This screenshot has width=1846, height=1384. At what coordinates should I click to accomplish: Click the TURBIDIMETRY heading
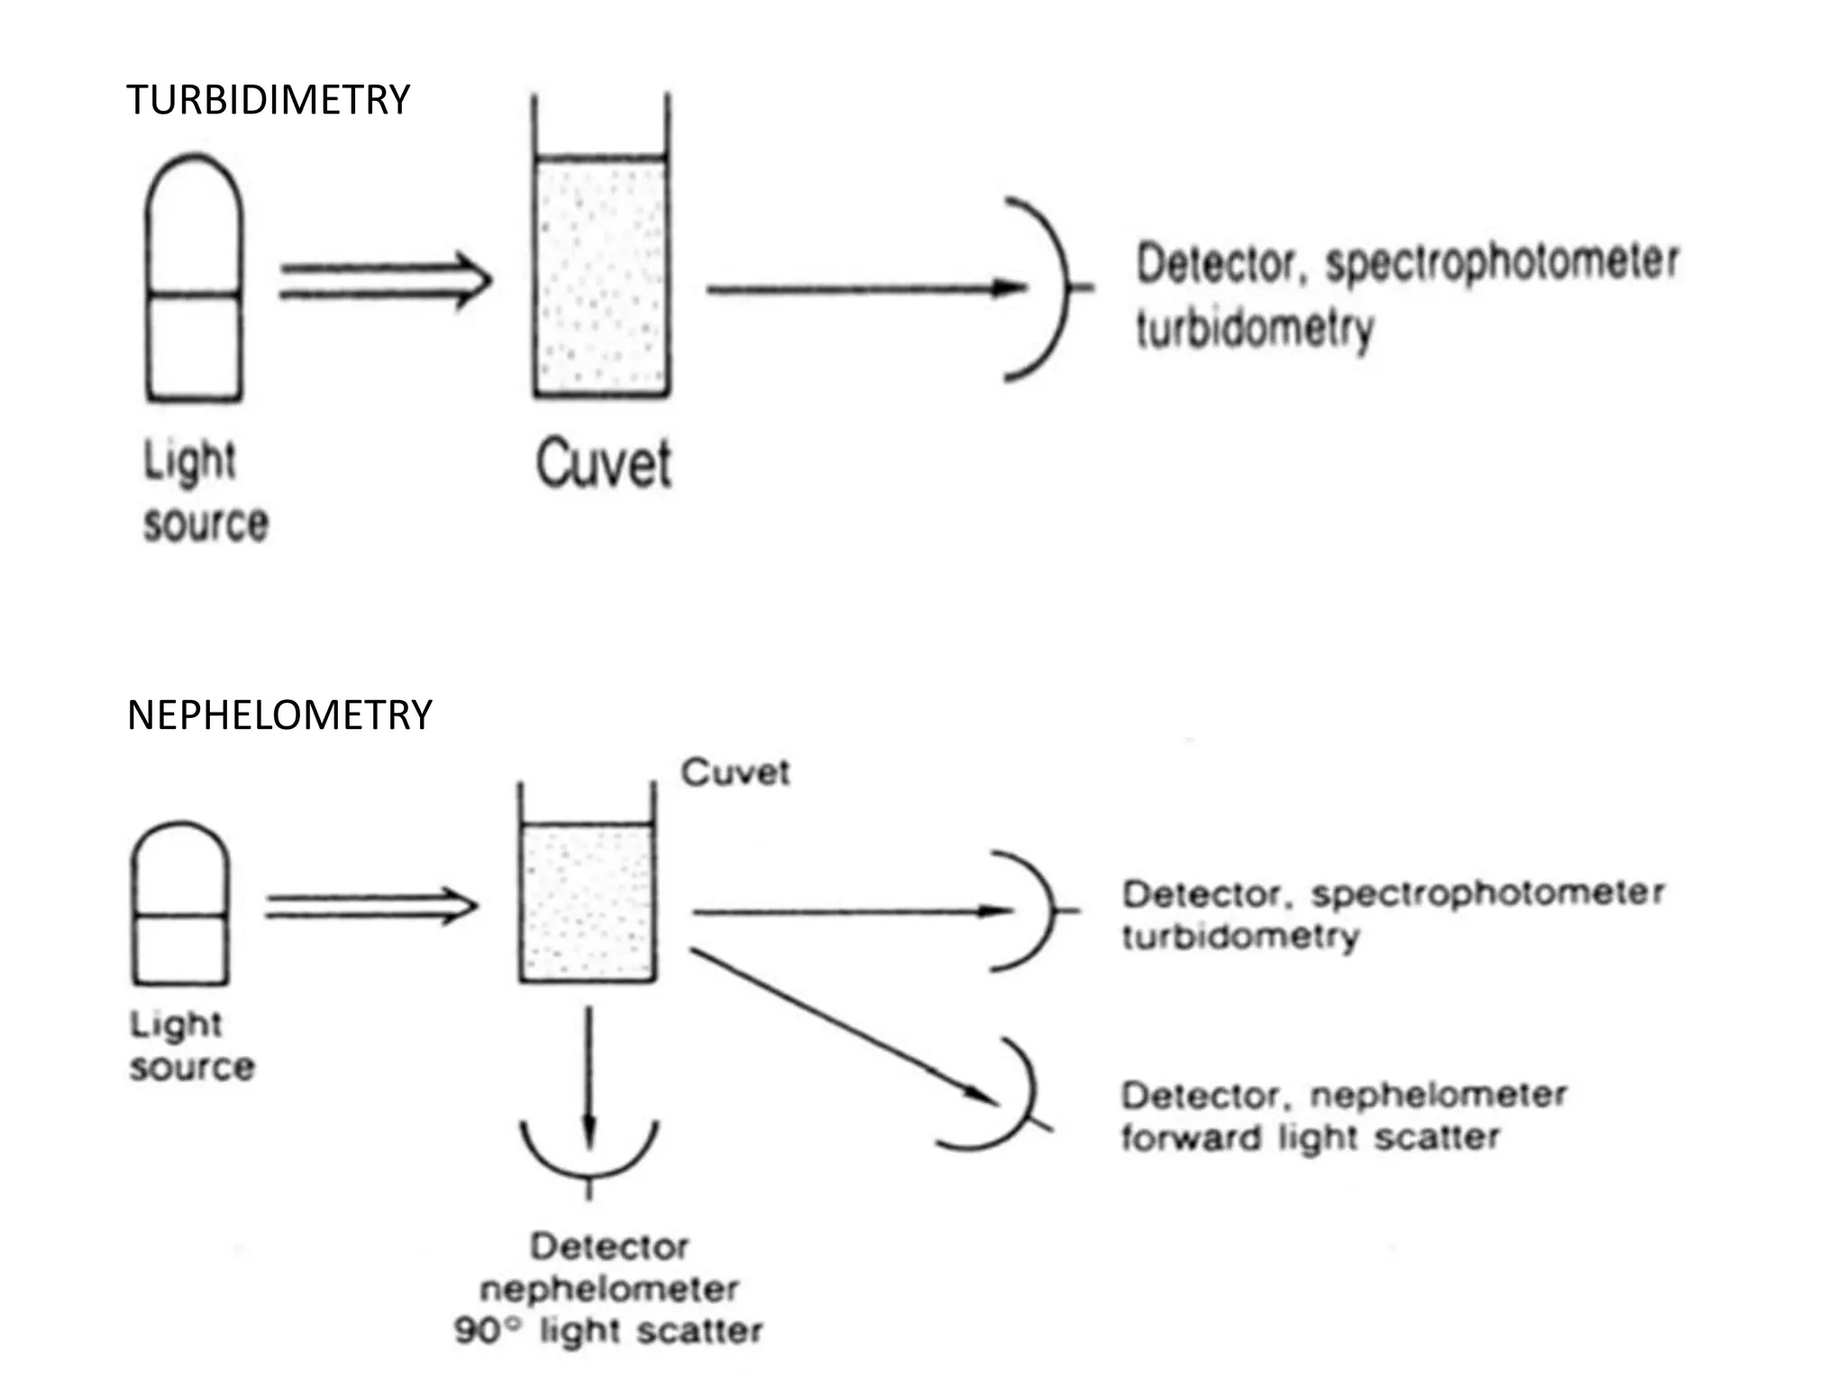click(x=268, y=100)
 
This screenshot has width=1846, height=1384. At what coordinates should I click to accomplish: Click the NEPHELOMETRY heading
click(x=279, y=715)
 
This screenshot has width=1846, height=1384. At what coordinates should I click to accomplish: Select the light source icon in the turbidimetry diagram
click(x=194, y=279)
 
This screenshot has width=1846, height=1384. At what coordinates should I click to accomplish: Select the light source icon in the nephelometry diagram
click(x=180, y=904)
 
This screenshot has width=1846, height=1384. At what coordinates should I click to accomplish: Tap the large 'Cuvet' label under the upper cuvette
click(x=603, y=464)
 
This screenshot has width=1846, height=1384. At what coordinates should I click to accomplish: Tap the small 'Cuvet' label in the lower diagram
click(x=735, y=773)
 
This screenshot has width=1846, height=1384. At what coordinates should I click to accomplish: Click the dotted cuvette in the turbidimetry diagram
click(x=601, y=275)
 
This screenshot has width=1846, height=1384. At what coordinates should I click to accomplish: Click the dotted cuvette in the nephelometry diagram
click(x=587, y=904)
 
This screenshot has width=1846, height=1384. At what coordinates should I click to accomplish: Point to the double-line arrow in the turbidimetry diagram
click(x=385, y=281)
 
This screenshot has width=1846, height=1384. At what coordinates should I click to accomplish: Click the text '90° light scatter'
click(x=608, y=1331)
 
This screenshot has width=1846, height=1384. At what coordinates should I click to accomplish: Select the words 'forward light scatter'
click(x=1310, y=1138)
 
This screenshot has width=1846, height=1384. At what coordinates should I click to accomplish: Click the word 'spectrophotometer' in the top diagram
click(x=1501, y=262)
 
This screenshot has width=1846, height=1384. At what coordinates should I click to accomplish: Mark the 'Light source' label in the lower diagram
click(x=191, y=1046)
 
